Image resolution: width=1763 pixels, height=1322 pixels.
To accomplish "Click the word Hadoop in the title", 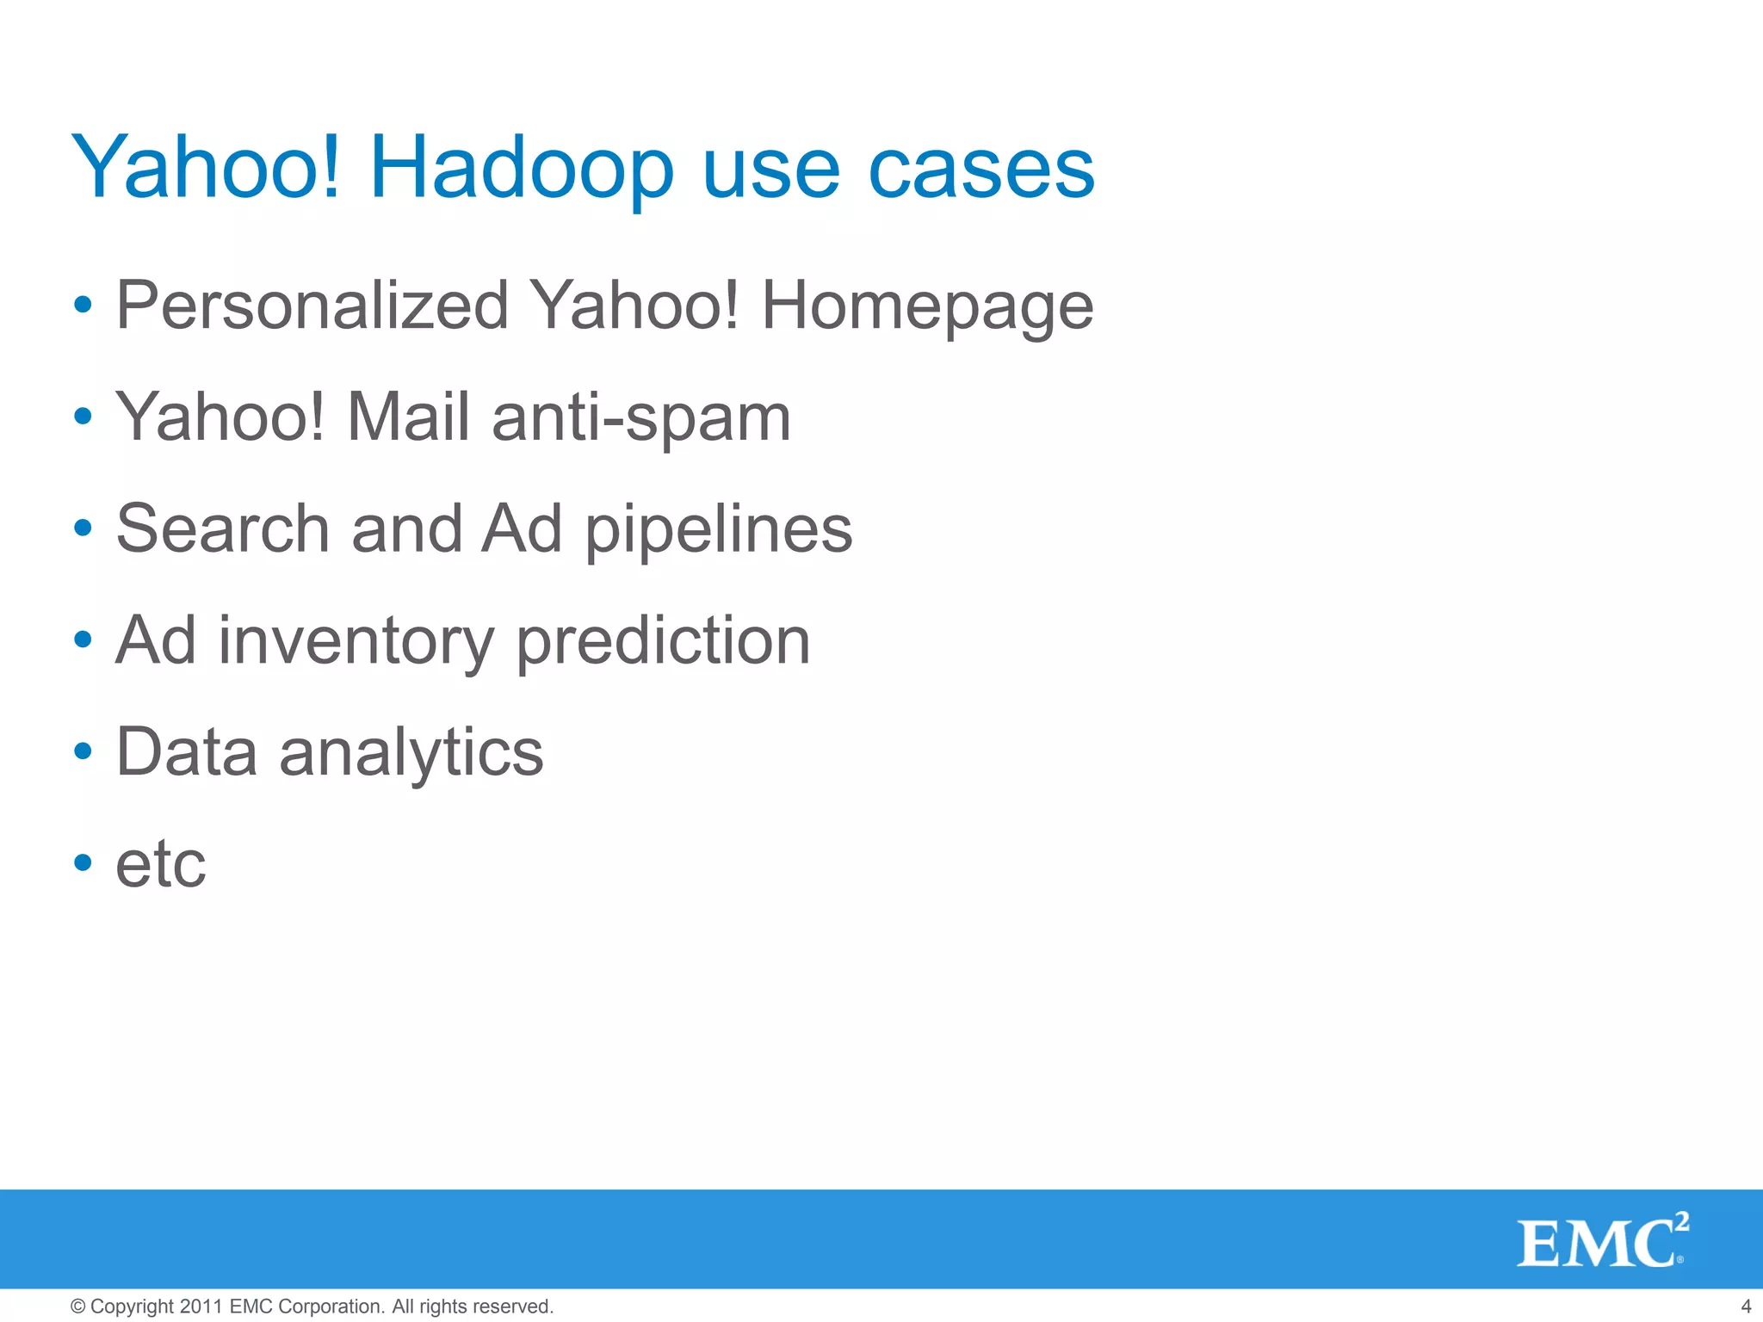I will (x=521, y=170).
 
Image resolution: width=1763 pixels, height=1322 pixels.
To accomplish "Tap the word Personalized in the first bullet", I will (x=312, y=306).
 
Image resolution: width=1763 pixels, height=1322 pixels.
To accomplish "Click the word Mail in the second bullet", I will (x=408, y=417).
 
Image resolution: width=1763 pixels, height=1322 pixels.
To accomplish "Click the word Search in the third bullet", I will (x=223, y=528).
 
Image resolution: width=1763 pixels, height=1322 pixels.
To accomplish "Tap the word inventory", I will (x=356, y=641).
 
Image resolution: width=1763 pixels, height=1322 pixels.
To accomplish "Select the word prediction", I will (x=663, y=641).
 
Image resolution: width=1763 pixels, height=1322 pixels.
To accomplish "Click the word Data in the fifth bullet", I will (x=187, y=752).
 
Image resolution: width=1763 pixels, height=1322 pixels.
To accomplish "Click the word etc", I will (x=161, y=864).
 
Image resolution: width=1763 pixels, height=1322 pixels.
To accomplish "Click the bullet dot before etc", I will (x=83, y=862).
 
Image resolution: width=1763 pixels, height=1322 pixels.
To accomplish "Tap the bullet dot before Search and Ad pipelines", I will (x=83, y=528).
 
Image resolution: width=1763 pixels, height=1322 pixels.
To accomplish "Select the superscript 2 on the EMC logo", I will (x=1682, y=1221).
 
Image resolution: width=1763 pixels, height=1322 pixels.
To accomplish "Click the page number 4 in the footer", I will (x=1746, y=1307).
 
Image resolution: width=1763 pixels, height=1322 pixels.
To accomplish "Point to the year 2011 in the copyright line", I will (x=202, y=1307).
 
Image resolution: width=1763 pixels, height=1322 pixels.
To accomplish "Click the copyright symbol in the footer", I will (x=77, y=1307).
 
